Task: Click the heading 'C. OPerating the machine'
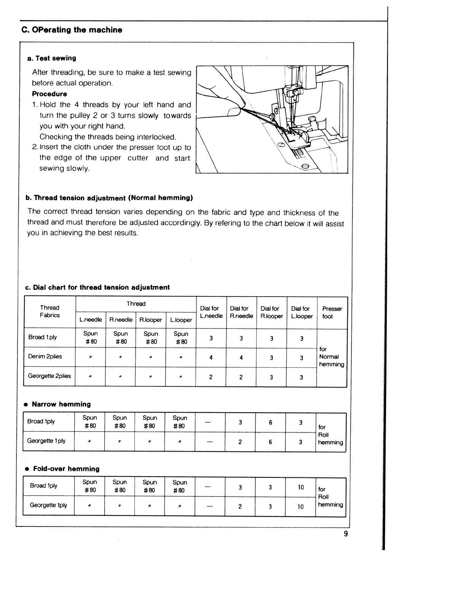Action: coord(72,30)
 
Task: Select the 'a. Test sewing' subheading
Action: coord(51,58)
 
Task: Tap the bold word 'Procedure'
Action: coord(49,94)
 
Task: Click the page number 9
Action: coord(346,534)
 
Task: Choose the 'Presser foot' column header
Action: coord(332,312)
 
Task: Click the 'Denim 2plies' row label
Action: coord(45,357)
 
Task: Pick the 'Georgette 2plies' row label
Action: coord(49,376)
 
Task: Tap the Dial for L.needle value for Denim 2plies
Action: coord(211,357)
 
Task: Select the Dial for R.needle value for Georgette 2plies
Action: coord(241,377)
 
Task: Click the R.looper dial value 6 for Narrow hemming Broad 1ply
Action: coord(270,422)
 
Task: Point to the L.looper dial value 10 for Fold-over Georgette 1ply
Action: coord(301,507)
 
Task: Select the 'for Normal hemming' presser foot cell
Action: coord(332,357)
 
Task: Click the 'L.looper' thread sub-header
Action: coord(181,320)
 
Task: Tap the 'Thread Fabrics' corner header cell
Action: coord(50,311)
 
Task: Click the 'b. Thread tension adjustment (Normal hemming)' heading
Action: coord(109,198)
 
